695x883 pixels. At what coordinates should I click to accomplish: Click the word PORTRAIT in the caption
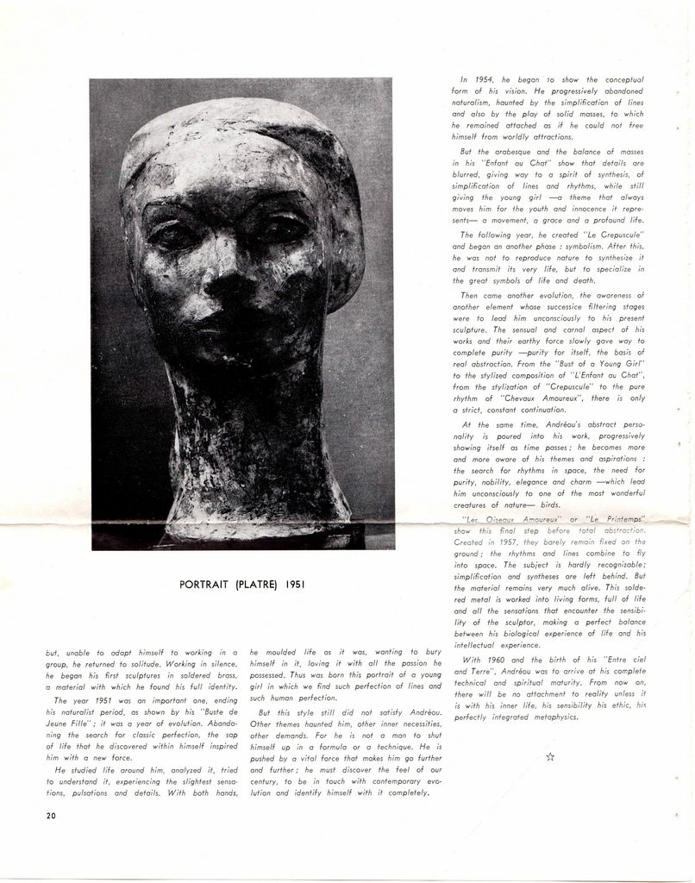pos(204,585)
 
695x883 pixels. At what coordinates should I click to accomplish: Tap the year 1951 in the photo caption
pos(290,585)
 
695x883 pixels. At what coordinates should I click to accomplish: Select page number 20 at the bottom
pos(52,815)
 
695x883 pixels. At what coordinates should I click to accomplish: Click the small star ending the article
pos(549,756)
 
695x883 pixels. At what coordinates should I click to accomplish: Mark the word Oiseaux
pos(511,519)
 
